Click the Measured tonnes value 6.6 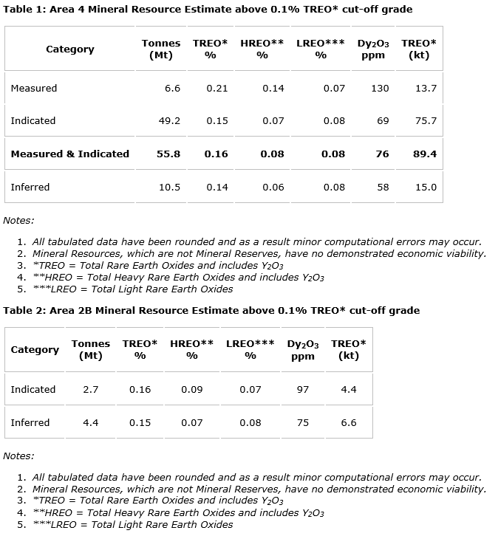pyautogui.click(x=172, y=88)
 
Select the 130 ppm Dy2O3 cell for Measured pyautogui.click(x=380, y=88)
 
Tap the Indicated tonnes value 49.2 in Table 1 pyautogui.click(x=169, y=120)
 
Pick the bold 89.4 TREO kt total pyautogui.click(x=425, y=154)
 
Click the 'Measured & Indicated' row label pyautogui.click(x=69, y=154)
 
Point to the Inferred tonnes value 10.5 pyautogui.click(x=169, y=187)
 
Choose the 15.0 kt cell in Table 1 pyautogui.click(x=426, y=187)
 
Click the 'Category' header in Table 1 pyautogui.click(x=69, y=49)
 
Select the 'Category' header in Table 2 pyautogui.click(x=35, y=349)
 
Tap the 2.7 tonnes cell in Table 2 pyautogui.click(x=90, y=389)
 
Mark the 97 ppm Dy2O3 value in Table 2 pyautogui.click(x=302, y=389)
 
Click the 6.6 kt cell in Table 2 pyautogui.click(x=349, y=422)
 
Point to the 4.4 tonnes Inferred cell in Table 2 pyautogui.click(x=90, y=422)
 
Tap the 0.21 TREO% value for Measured pyautogui.click(x=217, y=88)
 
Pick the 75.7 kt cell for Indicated pyautogui.click(x=426, y=120)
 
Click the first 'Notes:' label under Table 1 pyautogui.click(x=18, y=220)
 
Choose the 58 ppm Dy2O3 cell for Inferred pyautogui.click(x=383, y=187)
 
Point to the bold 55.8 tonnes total pyautogui.click(x=169, y=154)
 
